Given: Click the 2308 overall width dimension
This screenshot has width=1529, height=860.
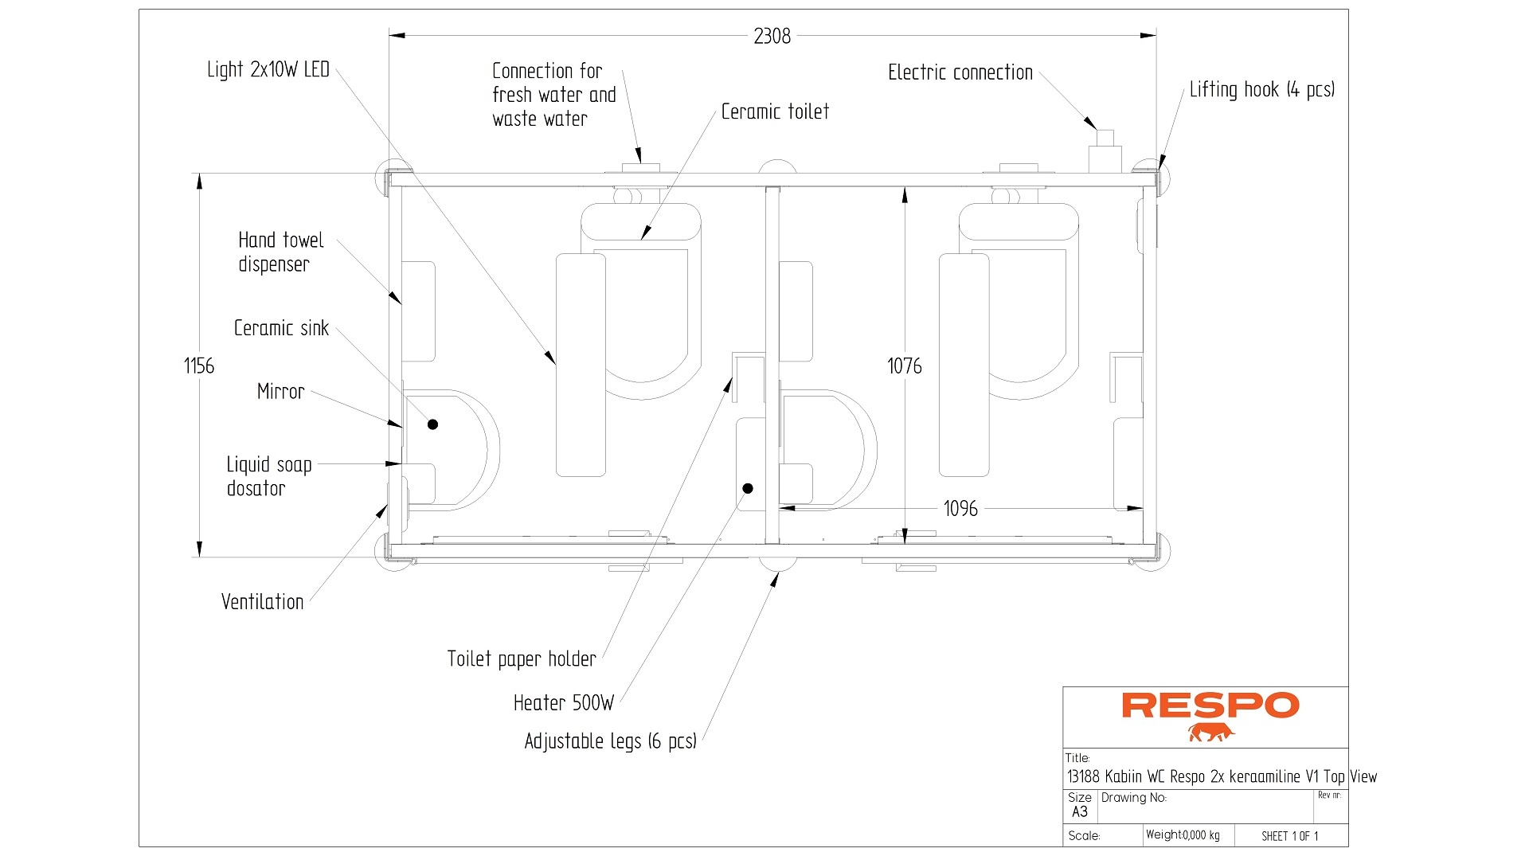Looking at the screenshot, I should (772, 37).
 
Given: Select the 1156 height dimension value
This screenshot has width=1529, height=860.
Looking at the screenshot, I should (199, 366).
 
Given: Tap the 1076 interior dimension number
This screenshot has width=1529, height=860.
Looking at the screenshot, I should (905, 366).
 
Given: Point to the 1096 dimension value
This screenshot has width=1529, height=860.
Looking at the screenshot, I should (960, 509).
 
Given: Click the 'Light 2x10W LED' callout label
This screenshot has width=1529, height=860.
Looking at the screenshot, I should (268, 70).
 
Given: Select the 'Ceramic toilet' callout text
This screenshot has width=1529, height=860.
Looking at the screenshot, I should (775, 112).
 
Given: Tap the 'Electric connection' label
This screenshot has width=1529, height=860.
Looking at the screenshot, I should (960, 73).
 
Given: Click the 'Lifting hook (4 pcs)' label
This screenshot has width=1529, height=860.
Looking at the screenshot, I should (1261, 90).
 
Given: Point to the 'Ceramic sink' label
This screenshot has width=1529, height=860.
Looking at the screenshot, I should (281, 328).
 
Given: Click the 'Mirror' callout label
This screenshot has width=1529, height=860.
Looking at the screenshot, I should (280, 392).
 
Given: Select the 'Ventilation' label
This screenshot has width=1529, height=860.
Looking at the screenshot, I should (262, 602).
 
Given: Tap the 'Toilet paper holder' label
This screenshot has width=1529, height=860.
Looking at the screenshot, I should (521, 659).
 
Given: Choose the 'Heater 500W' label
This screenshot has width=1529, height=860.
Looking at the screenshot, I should (564, 703).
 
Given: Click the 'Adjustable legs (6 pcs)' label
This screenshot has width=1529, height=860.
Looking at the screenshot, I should (610, 741).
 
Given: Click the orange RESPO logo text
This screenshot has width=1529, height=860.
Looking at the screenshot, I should (1210, 706).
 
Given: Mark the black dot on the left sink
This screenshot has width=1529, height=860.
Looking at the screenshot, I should (432, 424).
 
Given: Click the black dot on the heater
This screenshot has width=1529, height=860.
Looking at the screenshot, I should (748, 488).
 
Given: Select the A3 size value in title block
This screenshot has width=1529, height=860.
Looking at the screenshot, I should (1080, 812).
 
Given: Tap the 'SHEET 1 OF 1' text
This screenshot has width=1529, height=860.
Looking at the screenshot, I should (1289, 836).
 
